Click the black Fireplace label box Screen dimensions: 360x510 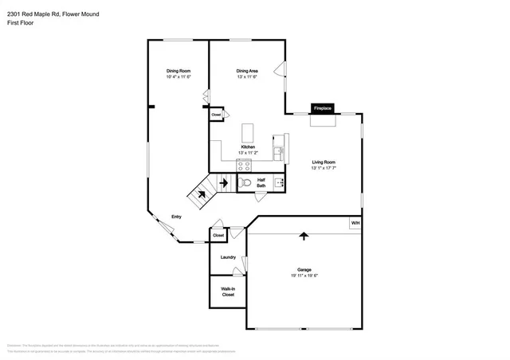[x=322, y=108]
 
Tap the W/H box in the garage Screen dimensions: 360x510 [x=355, y=223]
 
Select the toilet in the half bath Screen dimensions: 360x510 [x=245, y=183]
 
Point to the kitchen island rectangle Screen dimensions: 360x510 [x=249, y=131]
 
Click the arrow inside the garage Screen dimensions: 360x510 [x=303, y=236]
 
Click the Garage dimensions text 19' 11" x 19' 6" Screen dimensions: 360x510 [x=304, y=276]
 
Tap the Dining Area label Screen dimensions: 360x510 [x=247, y=71]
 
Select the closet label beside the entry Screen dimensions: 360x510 [x=218, y=236]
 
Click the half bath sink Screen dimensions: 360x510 [x=279, y=183]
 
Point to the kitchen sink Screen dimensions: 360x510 [x=278, y=150]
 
